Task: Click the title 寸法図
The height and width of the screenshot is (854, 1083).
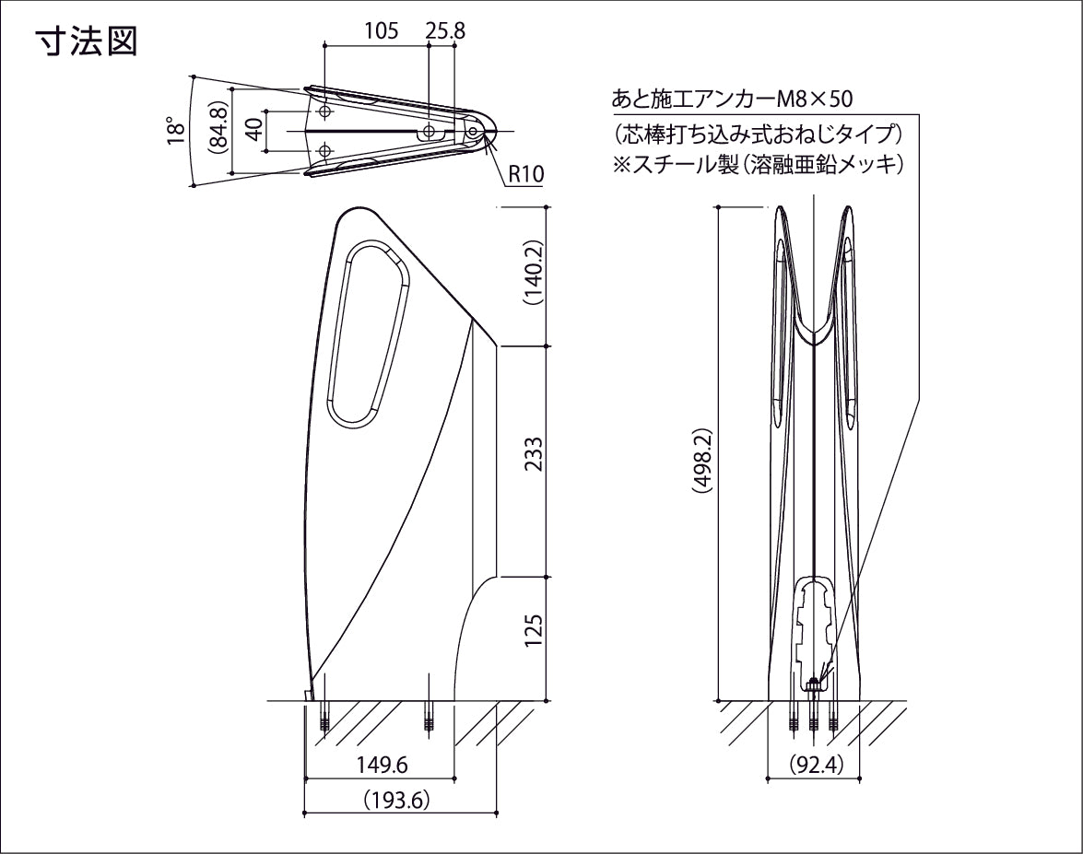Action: [87, 41]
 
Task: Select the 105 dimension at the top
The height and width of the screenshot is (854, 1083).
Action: [381, 30]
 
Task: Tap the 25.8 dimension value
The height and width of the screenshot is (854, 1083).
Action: [445, 30]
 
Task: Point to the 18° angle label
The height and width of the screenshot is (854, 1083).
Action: [175, 131]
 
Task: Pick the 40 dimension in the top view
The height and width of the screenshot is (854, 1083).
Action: [254, 130]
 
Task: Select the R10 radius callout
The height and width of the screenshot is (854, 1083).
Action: [525, 174]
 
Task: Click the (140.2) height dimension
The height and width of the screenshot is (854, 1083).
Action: [532, 274]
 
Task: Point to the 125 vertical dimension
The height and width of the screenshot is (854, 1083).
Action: [532, 631]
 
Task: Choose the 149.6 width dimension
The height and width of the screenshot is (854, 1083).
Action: [383, 765]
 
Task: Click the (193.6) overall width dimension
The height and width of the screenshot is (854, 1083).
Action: [397, 800]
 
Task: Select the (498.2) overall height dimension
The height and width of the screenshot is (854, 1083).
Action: [701, 462]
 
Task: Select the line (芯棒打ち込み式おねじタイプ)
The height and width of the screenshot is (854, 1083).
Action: [756, 133]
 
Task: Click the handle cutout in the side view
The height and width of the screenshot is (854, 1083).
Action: [368, 333]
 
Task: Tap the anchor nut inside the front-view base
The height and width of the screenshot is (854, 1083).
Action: [814, 684]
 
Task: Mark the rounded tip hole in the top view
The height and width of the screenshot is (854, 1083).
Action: [473, 132]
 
